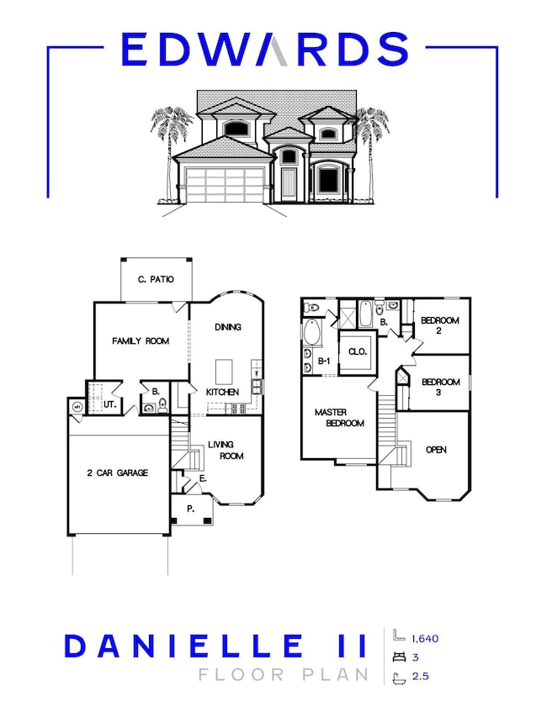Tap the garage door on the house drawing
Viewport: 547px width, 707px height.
click(x=225, y=184)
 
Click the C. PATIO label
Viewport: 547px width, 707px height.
click(x=156, y=279)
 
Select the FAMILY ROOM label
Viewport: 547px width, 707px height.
click(x=141, y=341)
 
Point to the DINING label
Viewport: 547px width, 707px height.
click(x=228, y=328)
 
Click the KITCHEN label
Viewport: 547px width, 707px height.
click(x=223, y=393)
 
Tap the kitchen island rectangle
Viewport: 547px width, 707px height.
click(x=225, y=371)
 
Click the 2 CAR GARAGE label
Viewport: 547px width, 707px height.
click(x=118, y=473)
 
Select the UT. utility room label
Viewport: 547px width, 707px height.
click(x=109, y=405)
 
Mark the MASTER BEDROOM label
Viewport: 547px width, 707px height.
click(x=339, y=418)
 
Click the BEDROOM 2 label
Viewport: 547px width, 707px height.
click(x=439, y=325)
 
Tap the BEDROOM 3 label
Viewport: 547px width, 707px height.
click(x=440, y=387)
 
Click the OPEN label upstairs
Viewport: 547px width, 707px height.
click(x=436, y=450)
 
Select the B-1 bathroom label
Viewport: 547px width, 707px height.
click(x=323, y=361)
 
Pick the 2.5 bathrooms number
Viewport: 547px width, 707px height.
click(x=419, y=675)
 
